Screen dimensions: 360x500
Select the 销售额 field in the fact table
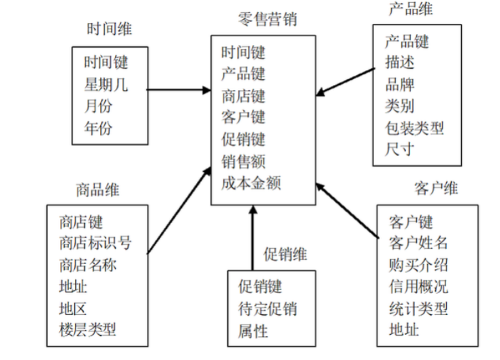click(x=243, y=162)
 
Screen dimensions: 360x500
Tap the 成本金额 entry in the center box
click(x=251, y=183)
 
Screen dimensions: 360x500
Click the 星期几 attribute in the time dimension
click(x=106, y=85)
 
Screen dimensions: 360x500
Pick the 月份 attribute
click(x=99, y=106)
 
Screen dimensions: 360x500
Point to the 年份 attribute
click(x=99, y=128)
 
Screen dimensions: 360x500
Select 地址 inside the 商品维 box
click(x=73, y=286)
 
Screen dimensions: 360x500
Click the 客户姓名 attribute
click(x=418, y=243)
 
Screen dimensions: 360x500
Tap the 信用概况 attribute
click(x=418, y=286)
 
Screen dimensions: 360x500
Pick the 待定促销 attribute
click(x=267, y=309)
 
